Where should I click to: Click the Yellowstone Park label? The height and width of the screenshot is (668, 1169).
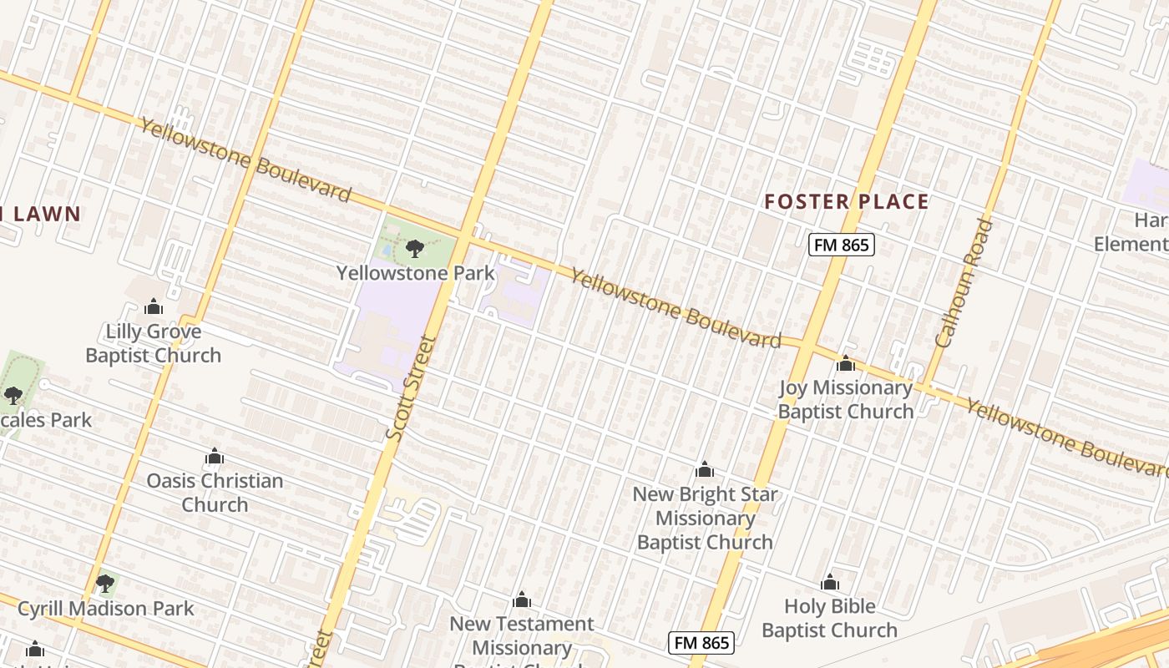pyautogui.click(x=415, y=273)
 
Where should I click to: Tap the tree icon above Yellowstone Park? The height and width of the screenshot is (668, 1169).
pyautogui.click(x=414, y=248)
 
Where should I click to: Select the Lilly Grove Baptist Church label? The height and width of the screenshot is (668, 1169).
pyautogui.click(x=154, y=343)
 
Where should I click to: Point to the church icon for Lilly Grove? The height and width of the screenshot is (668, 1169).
pyautogui.click(x=153, y=307)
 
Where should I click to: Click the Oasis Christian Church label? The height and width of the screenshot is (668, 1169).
pyautogui.click(x=215, y=493)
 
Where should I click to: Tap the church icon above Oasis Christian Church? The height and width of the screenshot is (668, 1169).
pyautogui.click(x=215, y=457)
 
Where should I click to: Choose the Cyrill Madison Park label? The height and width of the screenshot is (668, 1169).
pyautogui.click(x=106, y=609)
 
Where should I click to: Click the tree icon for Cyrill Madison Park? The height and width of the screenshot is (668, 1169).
pyautogui.click(x=104, y=583)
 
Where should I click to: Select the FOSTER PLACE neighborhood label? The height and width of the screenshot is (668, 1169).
pyautogui.click(x=847, y=201)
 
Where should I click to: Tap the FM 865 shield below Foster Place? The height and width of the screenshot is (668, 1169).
pyautogui.click(x=841, y=245)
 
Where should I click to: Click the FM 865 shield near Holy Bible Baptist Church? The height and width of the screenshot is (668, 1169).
pyautogui.click(x=701, y=643)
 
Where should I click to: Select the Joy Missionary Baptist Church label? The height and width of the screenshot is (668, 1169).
pyautogui.click(x=846, y=399)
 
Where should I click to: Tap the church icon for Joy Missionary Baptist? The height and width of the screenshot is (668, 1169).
pyautogui.click(x=846, y=363)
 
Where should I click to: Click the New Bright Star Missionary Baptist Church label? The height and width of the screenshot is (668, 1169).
pyautogui.click(x=705, y=518)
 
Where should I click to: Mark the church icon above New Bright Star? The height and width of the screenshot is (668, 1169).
pyautogui.click(x=705, y=469)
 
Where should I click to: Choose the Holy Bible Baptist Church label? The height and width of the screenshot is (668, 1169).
pyautogui.click(x=829, y=618)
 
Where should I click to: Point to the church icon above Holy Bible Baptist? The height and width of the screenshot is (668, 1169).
pyautogui.click(x=829, y=582)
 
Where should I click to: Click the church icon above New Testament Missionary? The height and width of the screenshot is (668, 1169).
pyautogui.click(x=522, y=600)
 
